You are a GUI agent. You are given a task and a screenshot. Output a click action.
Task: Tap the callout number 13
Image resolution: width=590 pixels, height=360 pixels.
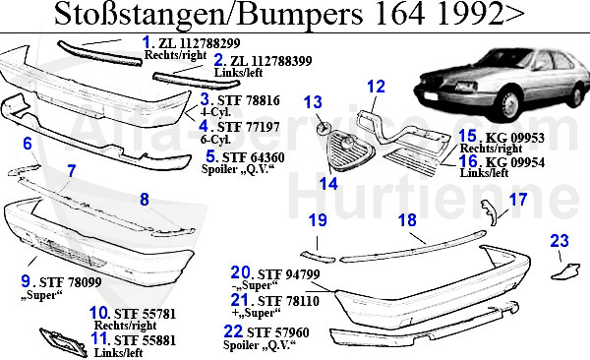(x=314, y=102)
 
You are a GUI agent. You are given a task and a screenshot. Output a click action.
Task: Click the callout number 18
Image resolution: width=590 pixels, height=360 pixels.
(x=407, y=221)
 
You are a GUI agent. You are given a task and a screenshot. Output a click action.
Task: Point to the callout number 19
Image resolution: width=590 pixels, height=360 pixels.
(x=316, y=221)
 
